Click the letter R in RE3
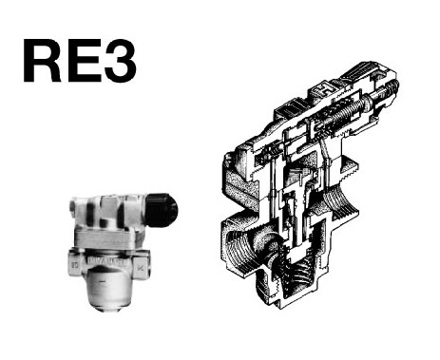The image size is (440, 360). tap(42, 61)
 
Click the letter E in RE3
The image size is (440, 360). tap(84, 61)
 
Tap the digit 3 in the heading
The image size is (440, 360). tap(121, 61)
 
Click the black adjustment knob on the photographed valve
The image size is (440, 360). tap(161, 210)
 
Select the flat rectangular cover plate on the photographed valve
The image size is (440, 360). tap(107, 237)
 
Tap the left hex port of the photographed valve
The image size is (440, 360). tap(76, 262)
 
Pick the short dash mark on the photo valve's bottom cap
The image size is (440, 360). tap(102, 281)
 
